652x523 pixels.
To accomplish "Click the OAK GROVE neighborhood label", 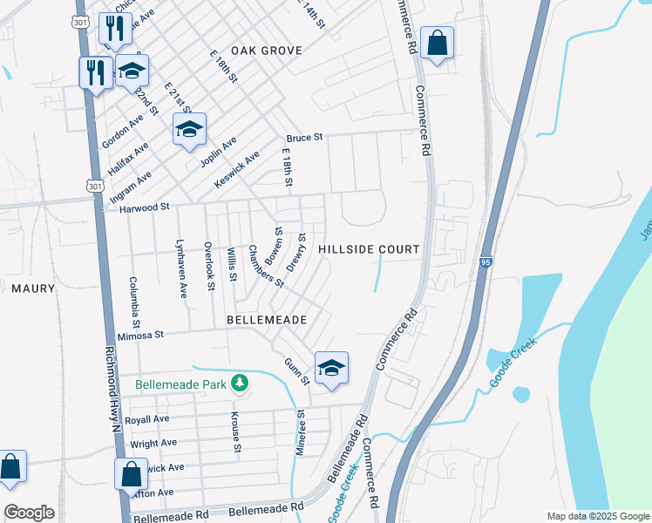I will (267, 51).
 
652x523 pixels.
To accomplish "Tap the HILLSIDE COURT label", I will (369, 249).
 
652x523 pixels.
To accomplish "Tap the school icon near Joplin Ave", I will (189, 131).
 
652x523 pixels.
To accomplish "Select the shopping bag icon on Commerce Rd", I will (437, 43).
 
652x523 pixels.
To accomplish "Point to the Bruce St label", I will (305, 138).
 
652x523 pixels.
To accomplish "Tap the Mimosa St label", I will (140, 335).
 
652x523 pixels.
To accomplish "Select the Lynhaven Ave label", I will (183, 267).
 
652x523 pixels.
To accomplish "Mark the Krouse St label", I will (235, 432).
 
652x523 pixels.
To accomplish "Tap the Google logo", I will (29, 513).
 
